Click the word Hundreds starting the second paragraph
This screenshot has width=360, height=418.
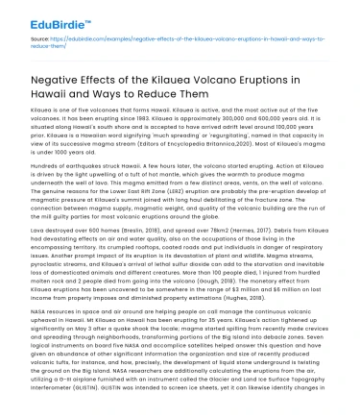coord(47,172)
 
